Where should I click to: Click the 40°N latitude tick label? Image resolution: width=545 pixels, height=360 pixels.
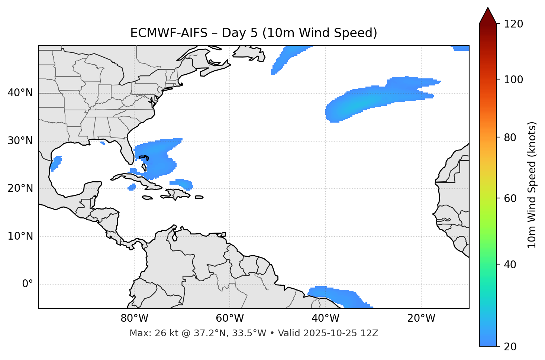coord(20,93)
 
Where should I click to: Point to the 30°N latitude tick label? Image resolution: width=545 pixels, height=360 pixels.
coord(20,141)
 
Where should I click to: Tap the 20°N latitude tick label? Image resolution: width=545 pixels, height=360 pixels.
coord(20,188)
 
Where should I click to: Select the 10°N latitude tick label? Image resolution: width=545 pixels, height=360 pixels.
coord(20,236)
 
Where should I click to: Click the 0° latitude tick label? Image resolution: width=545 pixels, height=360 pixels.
coord(28,284)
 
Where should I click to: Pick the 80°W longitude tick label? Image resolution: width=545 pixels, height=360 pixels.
coord(134,318)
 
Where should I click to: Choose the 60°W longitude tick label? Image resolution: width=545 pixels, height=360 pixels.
coord(230,318)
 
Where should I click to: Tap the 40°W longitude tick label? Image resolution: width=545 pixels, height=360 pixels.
coord(325,318)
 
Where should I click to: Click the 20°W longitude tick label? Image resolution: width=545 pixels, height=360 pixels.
coord(421,318)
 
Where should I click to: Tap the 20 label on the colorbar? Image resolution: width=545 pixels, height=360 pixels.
coord(510,347)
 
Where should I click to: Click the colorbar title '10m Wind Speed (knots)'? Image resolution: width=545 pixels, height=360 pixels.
coord(532,185)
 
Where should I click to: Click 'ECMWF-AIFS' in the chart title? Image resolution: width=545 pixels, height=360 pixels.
coord(168,33)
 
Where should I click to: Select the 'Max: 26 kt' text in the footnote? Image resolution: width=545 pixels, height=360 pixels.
coord(148,333)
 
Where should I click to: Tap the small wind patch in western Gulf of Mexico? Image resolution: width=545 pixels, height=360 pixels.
coord(56,163)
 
